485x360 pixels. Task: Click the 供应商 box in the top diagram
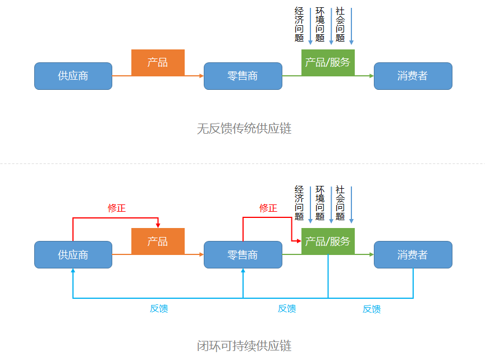click(x=73, y=76)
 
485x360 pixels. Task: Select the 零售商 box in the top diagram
click(x=242, y=76)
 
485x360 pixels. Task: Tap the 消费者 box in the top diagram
click(x=413, y=76)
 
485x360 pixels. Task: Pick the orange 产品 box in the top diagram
click(x=158, y=62)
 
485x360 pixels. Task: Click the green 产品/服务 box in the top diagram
click(x=328, y=62)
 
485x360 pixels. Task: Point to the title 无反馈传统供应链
click(x=244, y=129)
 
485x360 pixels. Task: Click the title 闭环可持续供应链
click(x=244, y=345)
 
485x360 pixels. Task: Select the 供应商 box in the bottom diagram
click(x=73, y=254)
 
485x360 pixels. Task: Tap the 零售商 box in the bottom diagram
click(x=242, y=254)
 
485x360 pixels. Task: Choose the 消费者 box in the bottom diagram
click(x=413, y=254)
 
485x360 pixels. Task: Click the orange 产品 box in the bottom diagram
click(x=158, y=241)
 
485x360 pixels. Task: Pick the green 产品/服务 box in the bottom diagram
click(x=328, y=241)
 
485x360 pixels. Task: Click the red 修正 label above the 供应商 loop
click(x=117, y=208)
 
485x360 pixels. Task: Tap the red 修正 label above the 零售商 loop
click(x=268, y=208)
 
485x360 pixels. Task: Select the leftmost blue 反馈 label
click(x=159, y=308)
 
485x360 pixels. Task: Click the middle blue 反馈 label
click(x=287, y=308)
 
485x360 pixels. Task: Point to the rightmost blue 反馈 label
click(x=372, y=309)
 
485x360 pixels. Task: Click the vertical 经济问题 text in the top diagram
click(x=299, y=24)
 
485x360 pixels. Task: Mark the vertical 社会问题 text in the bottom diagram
click(x=340, y=203)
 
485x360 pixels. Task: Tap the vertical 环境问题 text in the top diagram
click(x=320, y=24)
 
